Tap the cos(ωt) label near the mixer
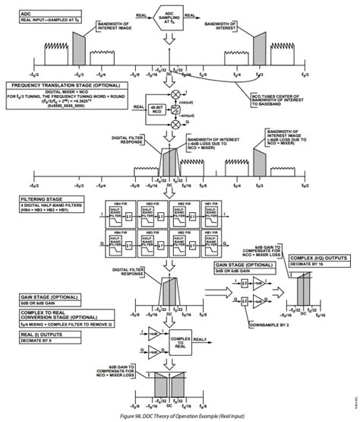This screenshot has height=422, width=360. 184,100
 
